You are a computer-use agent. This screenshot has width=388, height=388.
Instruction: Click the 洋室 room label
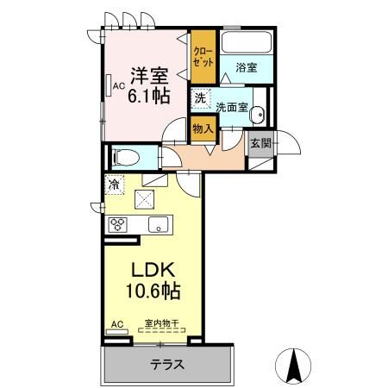[x=145, y=76]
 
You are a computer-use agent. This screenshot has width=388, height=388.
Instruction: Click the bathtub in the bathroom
[x=246, y=44]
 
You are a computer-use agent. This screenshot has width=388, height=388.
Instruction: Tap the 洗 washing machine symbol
[x=200, y=99]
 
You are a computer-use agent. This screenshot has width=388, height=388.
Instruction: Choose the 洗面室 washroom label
[x=232, y=108]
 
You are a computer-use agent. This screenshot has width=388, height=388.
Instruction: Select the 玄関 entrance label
[x=261, y=144]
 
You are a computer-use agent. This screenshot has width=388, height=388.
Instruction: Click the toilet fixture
[x=124, y=158]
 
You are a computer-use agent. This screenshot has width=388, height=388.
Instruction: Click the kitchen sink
[x=159, y=226]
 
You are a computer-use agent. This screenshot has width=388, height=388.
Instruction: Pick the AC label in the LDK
[x=116, y=324]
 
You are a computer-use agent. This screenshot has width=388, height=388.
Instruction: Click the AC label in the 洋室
[x=111, y=84]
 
